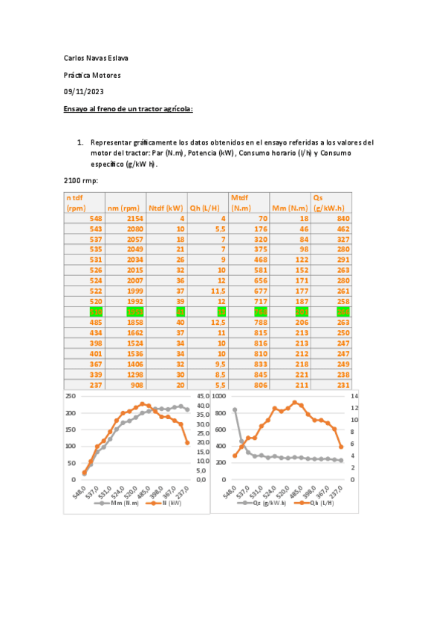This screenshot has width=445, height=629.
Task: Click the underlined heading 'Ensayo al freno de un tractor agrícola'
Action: pyautogui.click(x=129, y=109)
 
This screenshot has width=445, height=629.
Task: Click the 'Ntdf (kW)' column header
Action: pyautogui.click(x=166, y=208)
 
